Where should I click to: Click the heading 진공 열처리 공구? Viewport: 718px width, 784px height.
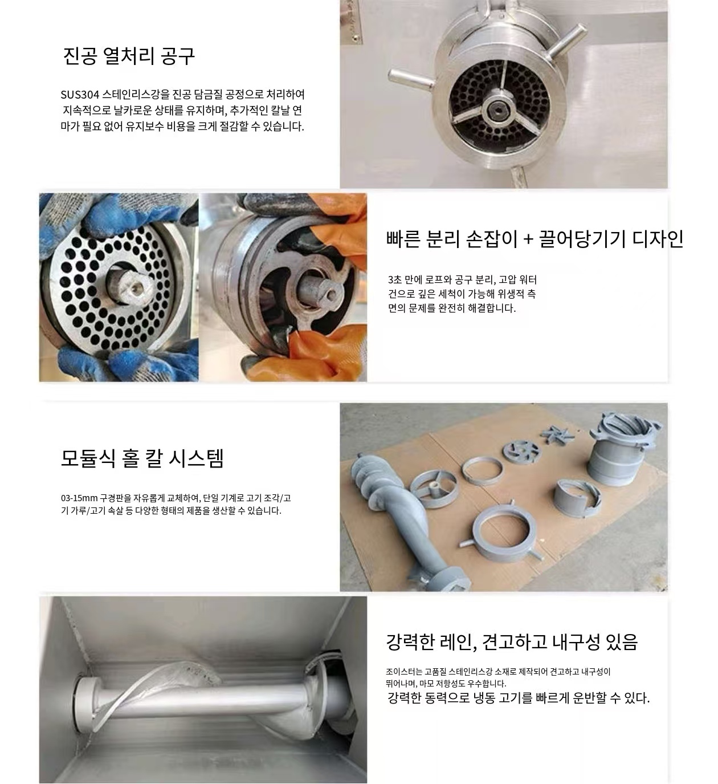click(x=129, y=56)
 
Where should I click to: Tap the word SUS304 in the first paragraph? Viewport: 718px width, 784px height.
click(x=80, y=95)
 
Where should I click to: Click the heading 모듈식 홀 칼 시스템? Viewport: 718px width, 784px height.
click(x=142, y=458)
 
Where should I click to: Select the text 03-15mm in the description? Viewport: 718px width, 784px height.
click(x=79, y=498)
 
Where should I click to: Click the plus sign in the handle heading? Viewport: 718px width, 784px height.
click(x=528, y=238)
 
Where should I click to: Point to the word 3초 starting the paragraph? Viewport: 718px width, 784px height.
click(x=394, y=280)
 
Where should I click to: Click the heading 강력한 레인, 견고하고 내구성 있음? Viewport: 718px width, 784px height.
click(x=512, y=641)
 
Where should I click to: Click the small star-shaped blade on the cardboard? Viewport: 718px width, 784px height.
click(x=556, y=434)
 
